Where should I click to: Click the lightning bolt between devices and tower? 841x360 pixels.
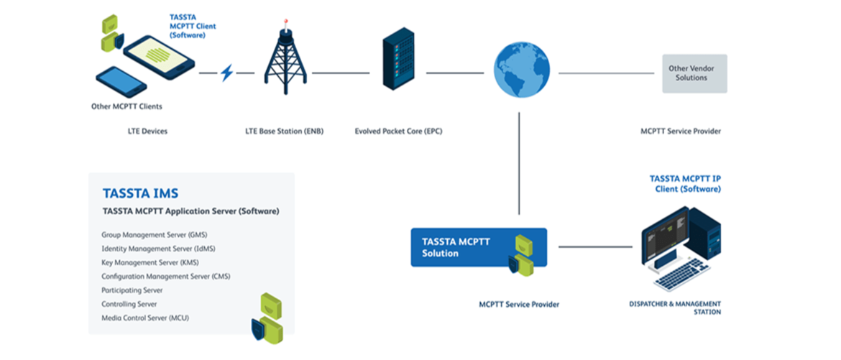click(x=227, y=73)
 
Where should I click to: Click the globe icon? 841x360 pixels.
click(x=522, y=71)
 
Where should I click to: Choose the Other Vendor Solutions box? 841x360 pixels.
click(x=694, y=73)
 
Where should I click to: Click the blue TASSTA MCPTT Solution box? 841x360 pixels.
click(x=479, y=247)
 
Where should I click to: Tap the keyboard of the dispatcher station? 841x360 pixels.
click(x=679, y=275)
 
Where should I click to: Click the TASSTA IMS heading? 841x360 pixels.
click(x=140, y=193)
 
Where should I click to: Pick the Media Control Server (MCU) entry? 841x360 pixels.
click(x=150, y=318)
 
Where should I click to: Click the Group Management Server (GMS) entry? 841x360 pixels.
click(x=155, y=235)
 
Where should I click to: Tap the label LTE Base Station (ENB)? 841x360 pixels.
click(x=284, y=131)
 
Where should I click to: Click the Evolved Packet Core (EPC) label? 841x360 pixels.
click(x=399, y=131)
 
